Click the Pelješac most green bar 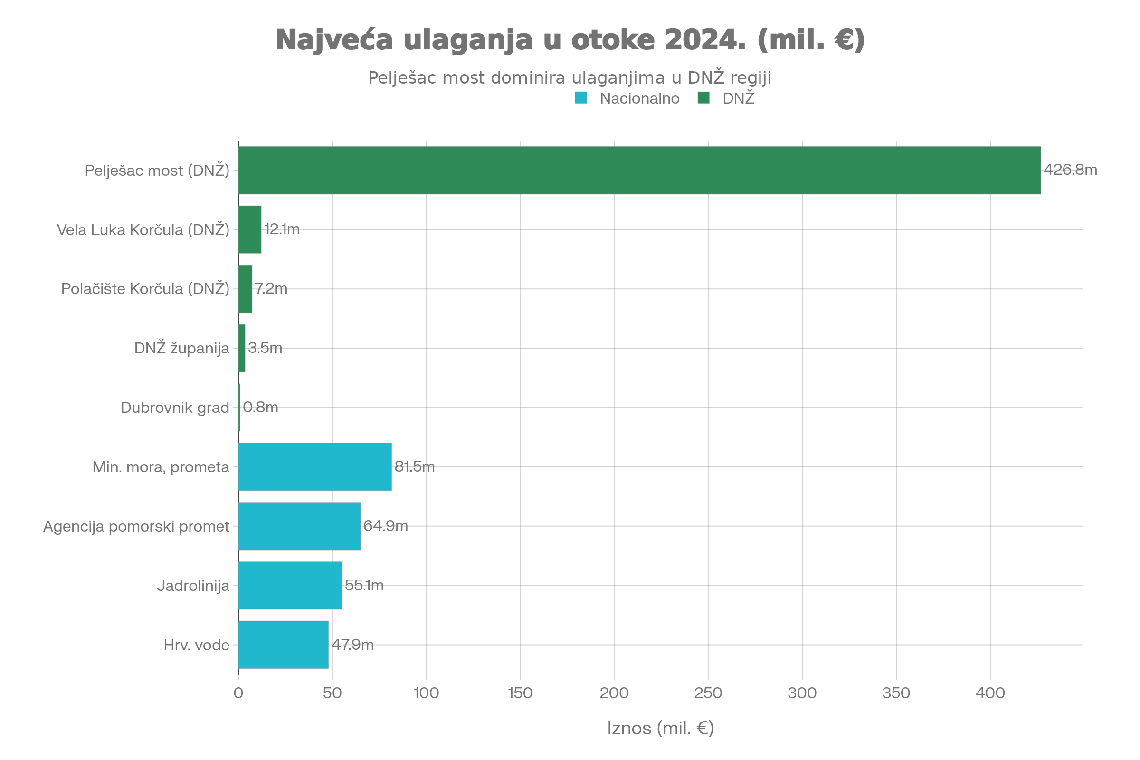click(x=640, y=170)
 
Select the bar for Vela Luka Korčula click(x=250, y=229)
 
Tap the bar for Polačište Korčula click(x=245, y=289)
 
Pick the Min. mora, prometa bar click(x=315, y=467)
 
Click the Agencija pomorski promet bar click(x=300, y=526)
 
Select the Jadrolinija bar click(x=290, y=586)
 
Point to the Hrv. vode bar click(x=284, y=645)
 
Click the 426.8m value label click(x=1070, y=170)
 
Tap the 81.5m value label click(x=414, y=467)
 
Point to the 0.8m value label click(x=260, y=408)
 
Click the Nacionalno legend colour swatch click(x=580, y=98)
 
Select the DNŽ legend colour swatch click(x=703, y=98)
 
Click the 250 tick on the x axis click(x=708, y=693)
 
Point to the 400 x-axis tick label click(x=990, y=693)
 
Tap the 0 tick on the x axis click(x=238, y=693)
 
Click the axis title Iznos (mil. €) click(x=660, y=728)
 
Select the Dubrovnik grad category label click(x=175, y=408)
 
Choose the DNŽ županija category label click(x=182, y=348)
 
